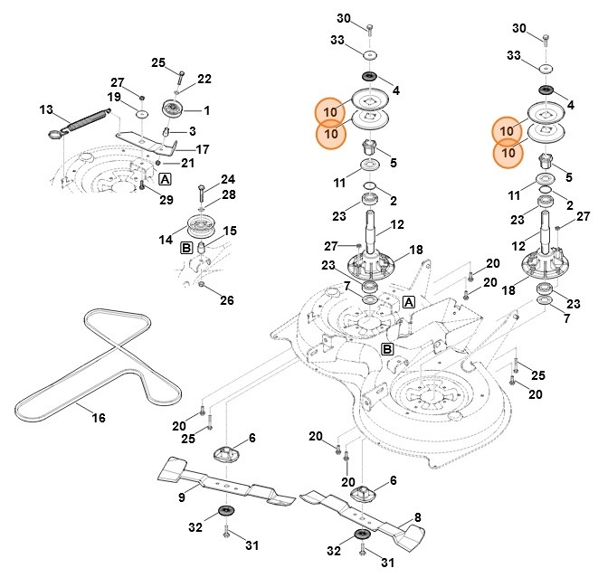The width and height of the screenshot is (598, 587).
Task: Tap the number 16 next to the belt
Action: [99, 418]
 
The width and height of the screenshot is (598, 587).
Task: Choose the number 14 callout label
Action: [166, 241]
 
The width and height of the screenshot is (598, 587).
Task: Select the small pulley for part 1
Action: [173, 110]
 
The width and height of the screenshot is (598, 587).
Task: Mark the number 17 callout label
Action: [203, 148]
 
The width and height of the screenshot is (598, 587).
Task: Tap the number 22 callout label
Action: [204, 79]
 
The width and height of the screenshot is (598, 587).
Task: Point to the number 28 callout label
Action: [228, 194]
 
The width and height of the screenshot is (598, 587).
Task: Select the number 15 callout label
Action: [231, 232]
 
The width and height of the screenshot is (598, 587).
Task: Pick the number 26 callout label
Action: [227, 300]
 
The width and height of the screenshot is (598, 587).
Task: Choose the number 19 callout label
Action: [115, 97]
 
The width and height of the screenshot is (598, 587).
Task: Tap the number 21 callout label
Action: [187, 163]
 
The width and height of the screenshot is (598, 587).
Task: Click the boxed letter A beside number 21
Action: [165, 179]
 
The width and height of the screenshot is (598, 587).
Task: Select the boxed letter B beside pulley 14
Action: [186, 247]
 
